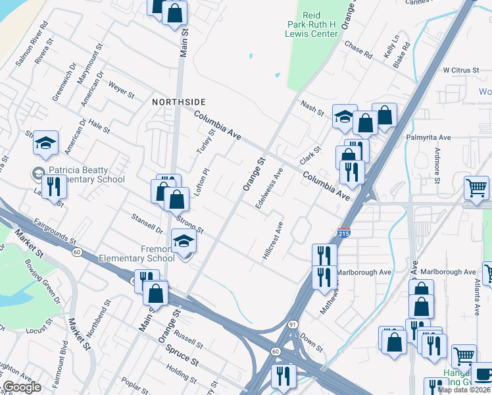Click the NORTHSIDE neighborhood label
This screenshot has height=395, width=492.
point(179,102)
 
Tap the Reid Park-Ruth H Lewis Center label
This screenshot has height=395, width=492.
point(320,24)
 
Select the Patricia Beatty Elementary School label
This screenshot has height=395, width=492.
point(86,174)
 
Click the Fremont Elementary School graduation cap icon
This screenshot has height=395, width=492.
point(184,242)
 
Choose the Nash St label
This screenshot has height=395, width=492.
point(312,108)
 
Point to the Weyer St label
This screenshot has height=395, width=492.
point(121,88)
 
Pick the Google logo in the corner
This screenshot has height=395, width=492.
point(22,387)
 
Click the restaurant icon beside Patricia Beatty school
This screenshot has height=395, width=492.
point(54,187)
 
